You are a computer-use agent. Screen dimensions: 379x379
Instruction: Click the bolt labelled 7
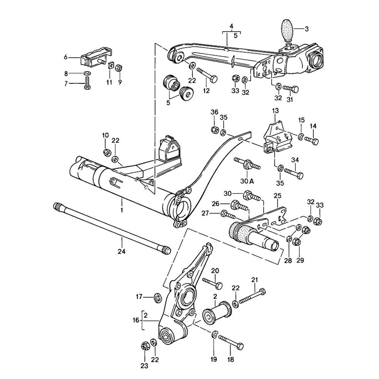coord(88,82)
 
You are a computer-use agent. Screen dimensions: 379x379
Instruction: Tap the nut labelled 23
coord(144,346)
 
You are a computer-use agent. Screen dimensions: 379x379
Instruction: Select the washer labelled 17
coord(157,296)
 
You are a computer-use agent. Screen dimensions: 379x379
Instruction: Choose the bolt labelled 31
coord(290,89)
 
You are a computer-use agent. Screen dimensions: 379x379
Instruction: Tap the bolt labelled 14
coord(312,140)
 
